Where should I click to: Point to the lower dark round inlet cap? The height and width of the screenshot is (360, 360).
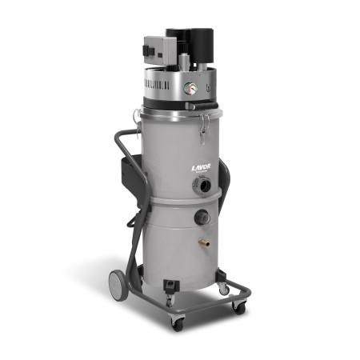pos(202,216)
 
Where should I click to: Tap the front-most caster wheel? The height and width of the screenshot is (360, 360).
pos(177,322)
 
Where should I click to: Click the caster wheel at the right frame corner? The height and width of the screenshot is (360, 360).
pos(238,306)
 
